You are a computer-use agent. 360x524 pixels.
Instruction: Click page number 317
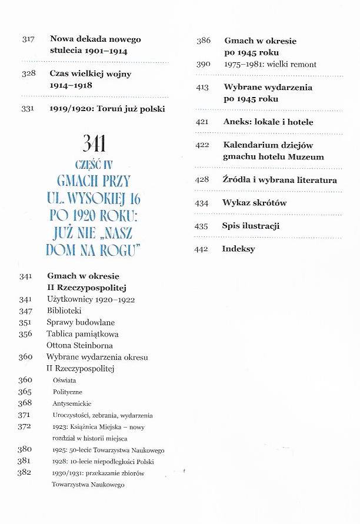click(x=28, y=39)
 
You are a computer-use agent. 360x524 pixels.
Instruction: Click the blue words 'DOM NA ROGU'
click(x=96, y=250)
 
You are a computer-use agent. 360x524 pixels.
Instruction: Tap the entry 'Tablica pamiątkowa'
click(x=81, y=333)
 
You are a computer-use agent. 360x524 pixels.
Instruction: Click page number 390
click(x=204, y=64)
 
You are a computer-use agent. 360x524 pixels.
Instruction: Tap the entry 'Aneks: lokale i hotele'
click(x=268, y=122)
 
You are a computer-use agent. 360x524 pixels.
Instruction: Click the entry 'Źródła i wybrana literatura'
click(x=279, y=180)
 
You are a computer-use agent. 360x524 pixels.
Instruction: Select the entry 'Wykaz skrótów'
click(x=254, y=203)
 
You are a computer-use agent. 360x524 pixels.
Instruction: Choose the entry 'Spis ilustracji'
click(x=251, y=226)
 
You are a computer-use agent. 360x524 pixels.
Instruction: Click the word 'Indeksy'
click(x=238, y=249)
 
